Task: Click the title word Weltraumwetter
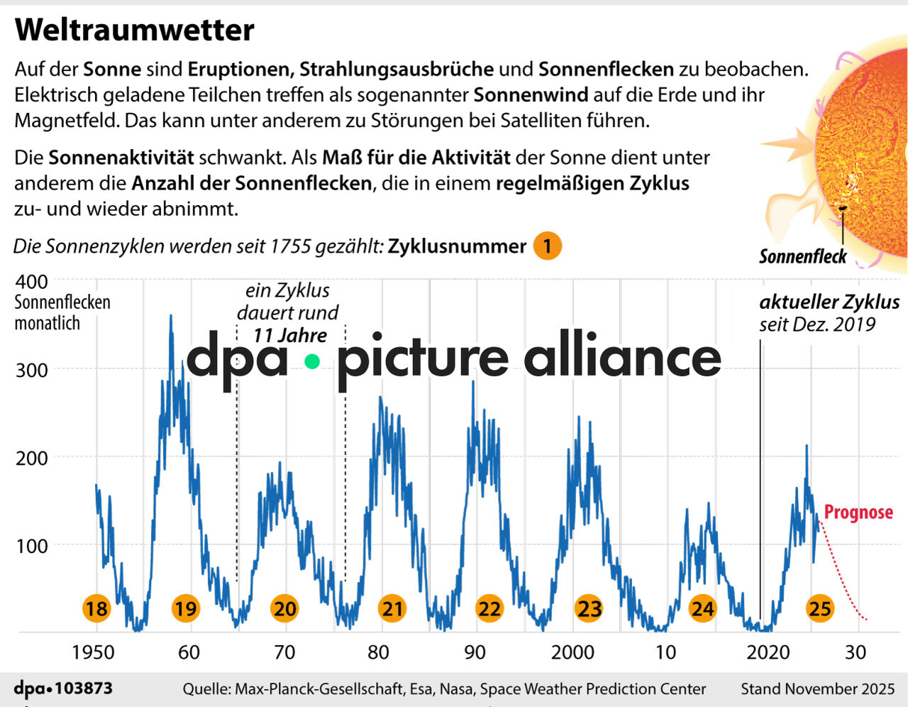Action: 134,31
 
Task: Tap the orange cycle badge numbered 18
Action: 96,608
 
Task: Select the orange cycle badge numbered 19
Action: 186,608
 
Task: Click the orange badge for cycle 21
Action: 392,608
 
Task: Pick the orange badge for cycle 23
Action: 589,608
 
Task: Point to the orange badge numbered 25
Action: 820,608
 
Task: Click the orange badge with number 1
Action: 547,246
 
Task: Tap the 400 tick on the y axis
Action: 31,281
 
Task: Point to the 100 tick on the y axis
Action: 31,546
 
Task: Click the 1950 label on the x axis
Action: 94,652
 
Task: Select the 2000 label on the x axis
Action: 572,652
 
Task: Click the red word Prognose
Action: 858,513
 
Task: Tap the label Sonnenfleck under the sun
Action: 802,256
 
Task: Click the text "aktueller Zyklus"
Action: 829,302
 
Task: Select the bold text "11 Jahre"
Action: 290,335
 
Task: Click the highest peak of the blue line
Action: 170,317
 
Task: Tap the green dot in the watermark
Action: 312,361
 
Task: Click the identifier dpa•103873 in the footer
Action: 63,689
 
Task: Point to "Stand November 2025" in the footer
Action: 817,689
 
